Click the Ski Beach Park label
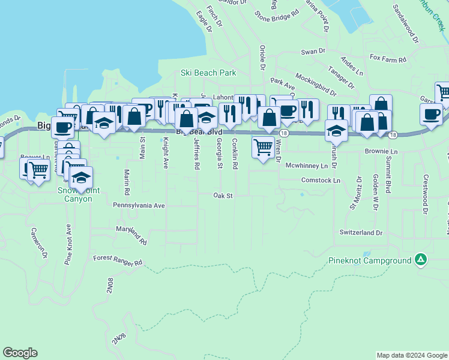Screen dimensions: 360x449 click(x=208, y=73)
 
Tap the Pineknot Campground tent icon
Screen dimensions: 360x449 click(x=421, y=260)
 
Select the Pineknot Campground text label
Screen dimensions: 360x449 click(x=369, y=260)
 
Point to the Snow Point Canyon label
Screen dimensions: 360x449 click(x=74, y=194)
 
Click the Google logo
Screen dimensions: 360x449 click(x=20, y=353)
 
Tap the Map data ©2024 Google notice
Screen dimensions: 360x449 click(x=411, y=355)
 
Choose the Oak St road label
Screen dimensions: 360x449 click(x=223, y=195)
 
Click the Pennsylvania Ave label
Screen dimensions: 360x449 click(x=138, y=205)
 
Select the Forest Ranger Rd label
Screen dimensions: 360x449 click(x=117, y=260)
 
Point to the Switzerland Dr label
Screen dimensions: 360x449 click(x=361, y=232)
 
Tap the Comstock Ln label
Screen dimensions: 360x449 click(x=321, y=180)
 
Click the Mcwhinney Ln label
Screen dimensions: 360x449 click(x=306, y=165)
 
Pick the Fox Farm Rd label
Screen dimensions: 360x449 click(x=388, y=59)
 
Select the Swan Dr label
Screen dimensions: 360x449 click(x=313, y=52)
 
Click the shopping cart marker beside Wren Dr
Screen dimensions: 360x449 click(x=263, y=148)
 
